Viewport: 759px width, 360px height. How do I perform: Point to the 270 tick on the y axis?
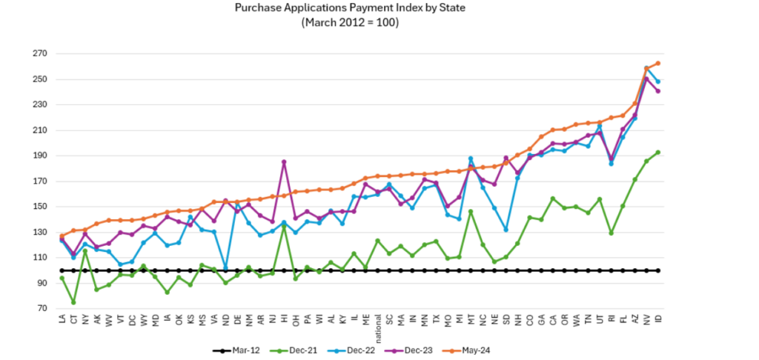[38, 54]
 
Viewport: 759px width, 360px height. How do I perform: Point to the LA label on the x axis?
[62, 320]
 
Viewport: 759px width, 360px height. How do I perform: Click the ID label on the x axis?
[658, 320]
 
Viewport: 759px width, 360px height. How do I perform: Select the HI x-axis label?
[284, 320]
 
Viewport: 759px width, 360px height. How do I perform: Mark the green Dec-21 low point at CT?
[74, 302]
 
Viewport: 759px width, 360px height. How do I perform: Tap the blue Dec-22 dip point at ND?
[225, 267]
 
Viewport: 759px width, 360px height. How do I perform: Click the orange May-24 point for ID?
[658, 63]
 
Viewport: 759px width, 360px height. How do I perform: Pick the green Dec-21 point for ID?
[658, 152]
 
